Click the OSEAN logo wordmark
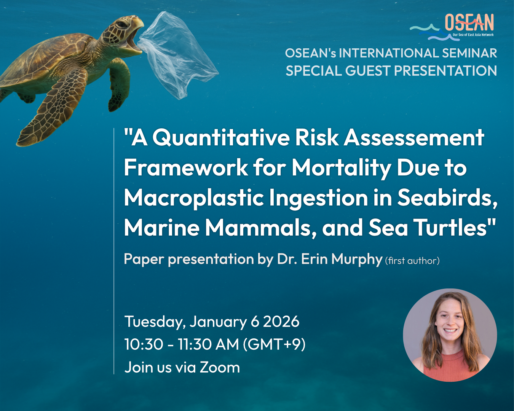pos(469,22)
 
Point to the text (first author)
pos(412,261)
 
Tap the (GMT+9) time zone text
pos(274,344)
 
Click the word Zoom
pos(220,367)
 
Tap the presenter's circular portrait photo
pos(450,335)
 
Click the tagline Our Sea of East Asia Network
pos(473,35)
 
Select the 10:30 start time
pos(144,344)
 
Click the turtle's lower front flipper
pos(55,107)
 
